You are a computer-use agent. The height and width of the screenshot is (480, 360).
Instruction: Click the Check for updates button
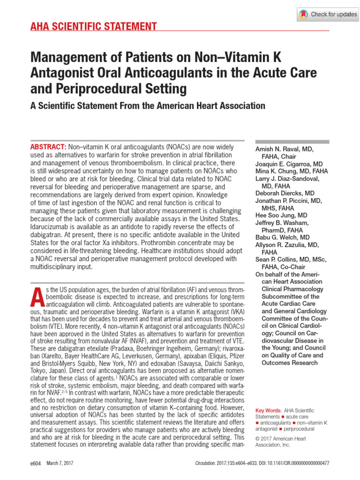(328, 15)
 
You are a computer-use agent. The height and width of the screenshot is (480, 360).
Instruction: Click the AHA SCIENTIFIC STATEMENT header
(94, 26)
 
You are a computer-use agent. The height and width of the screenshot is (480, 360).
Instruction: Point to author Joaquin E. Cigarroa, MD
(289, 164)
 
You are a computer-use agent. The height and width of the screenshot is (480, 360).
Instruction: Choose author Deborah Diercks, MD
(285, 193)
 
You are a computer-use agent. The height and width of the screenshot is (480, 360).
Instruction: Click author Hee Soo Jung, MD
(281, 216)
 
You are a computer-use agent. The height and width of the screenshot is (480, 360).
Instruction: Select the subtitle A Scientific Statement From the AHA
(148, 105)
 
